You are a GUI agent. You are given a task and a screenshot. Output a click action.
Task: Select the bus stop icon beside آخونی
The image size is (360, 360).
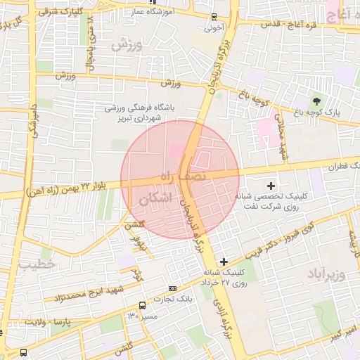click(x=214, y=17)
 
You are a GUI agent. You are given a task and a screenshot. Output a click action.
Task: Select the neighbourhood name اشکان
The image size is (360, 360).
click(x=155, y=199)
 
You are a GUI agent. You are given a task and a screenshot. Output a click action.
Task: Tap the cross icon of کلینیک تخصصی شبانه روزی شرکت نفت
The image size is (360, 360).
click(x=271, y=185)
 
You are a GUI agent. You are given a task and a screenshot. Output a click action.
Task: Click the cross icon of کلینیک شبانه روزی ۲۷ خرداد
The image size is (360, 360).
click(x=224, y=262)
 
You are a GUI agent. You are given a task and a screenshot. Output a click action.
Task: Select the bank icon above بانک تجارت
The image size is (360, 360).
click(x=172, y=289)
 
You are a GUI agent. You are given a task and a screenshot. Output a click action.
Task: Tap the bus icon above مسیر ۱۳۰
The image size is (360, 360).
click(x=143, y=305)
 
